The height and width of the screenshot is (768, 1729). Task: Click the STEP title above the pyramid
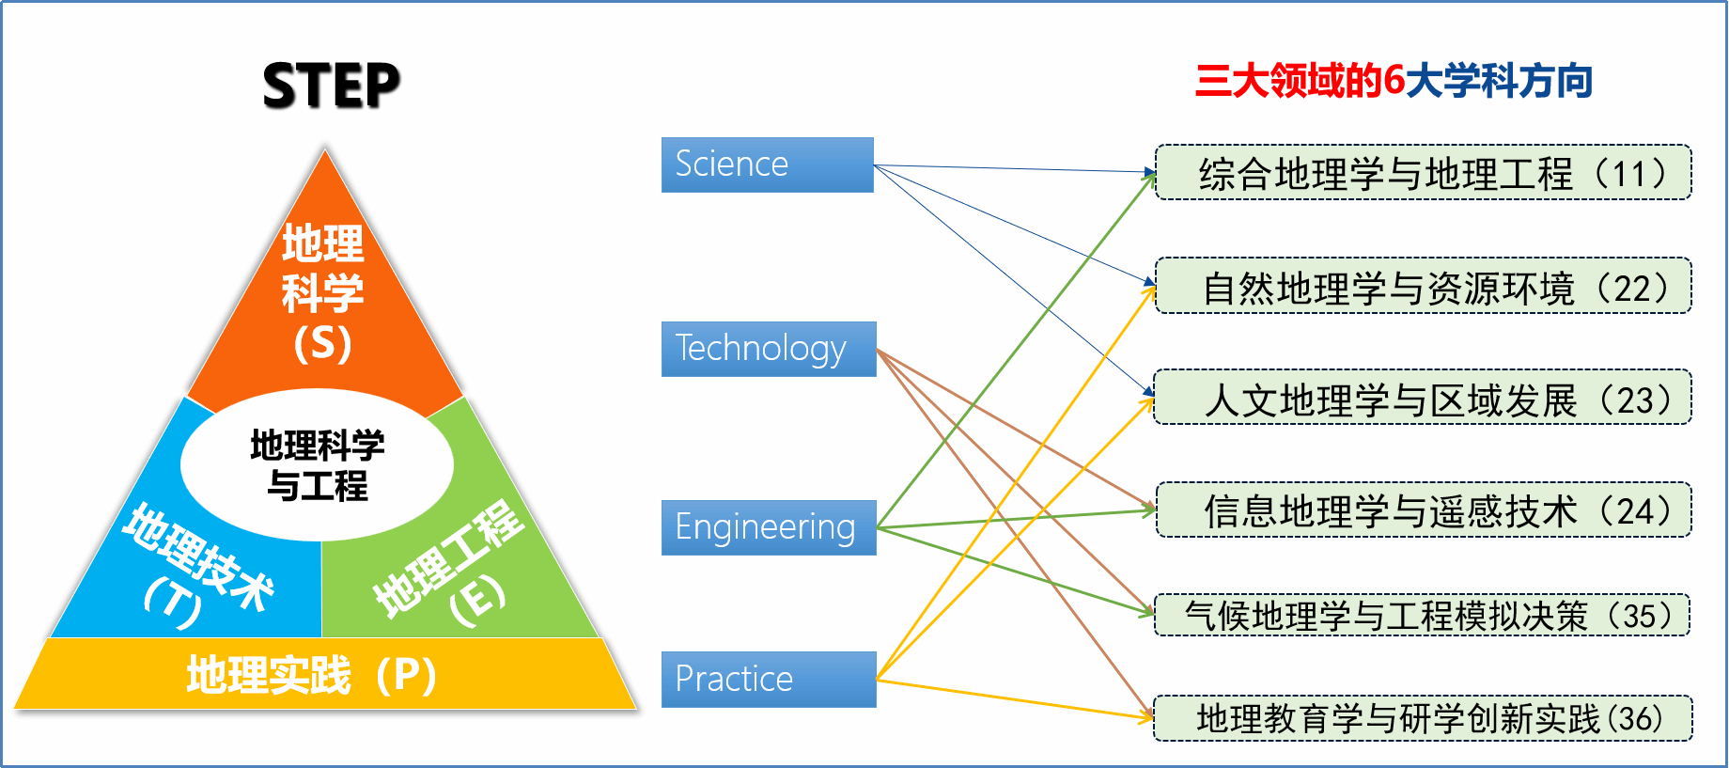coord(332,85)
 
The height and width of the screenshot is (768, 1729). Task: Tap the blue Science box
coord(768,165)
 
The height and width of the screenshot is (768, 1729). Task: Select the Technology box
coord(769,349)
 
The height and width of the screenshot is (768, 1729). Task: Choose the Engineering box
coord(769,527)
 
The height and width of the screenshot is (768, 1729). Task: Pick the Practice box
coord(769,679)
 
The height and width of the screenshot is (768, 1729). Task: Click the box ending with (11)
coord(1423,172)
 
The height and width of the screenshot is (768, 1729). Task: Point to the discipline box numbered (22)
coord(1423,286)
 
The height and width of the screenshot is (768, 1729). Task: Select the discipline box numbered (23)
coord(1423,398)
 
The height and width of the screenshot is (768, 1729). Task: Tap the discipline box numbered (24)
coord(1423,509)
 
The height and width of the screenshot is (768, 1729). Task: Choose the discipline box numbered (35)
coord(1422,615)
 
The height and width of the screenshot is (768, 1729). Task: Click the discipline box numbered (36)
coord(1423,718)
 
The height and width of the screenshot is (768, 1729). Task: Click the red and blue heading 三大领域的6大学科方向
coord(1394,81)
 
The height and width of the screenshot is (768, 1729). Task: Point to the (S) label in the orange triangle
coord(322,343)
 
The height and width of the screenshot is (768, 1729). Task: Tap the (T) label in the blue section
coord(172,602)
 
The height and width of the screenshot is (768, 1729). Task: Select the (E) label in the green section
coord(477,599)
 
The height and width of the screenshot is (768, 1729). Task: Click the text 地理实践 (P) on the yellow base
coord(311,675)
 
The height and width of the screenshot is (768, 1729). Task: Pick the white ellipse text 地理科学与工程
coord(318,465)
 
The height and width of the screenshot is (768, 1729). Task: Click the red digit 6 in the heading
coord(1394,81)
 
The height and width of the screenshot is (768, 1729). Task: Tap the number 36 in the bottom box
coord(1635,719)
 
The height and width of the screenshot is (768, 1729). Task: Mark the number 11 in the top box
coord(1630,174)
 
